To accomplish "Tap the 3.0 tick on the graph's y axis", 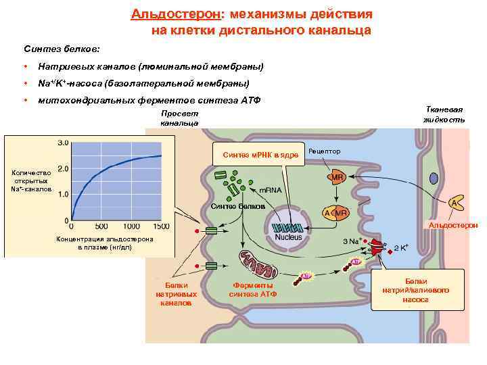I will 62,143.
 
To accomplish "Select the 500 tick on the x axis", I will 101,226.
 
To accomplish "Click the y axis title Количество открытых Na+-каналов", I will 31,180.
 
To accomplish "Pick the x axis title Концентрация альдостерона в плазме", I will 105,244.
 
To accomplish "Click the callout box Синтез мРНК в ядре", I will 259,155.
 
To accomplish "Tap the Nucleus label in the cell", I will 289,237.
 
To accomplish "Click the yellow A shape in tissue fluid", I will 456,202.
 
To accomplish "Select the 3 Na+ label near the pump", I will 353,241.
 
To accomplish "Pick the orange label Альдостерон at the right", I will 453,224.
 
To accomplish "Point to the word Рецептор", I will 325,151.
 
